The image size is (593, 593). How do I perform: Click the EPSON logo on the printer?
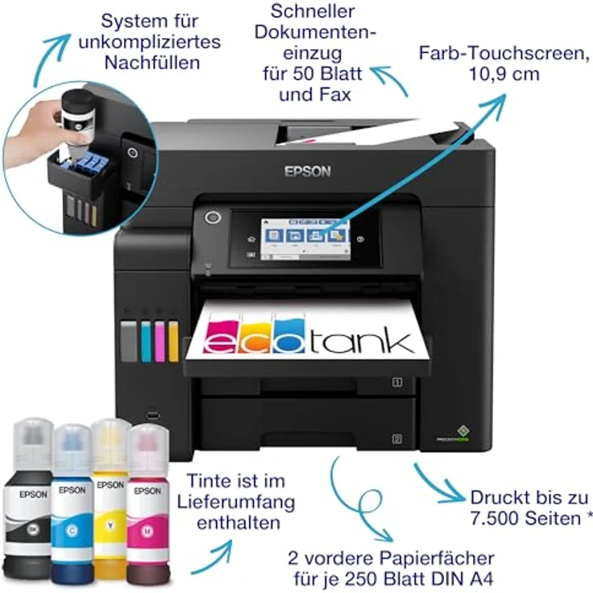(x=308, y=171)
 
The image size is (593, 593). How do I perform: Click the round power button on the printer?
(x=213, y=217)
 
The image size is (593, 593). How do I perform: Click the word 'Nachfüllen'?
(x=151, y=61)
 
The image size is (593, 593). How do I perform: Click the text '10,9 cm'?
(x=502, y=74)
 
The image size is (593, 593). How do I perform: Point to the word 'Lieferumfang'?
(x=235, y=502)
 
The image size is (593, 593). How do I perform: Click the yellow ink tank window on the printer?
(x=173, y=341)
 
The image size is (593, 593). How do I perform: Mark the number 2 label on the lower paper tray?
(x=396, y=439)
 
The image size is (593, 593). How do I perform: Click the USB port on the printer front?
(x=154, y=417)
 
